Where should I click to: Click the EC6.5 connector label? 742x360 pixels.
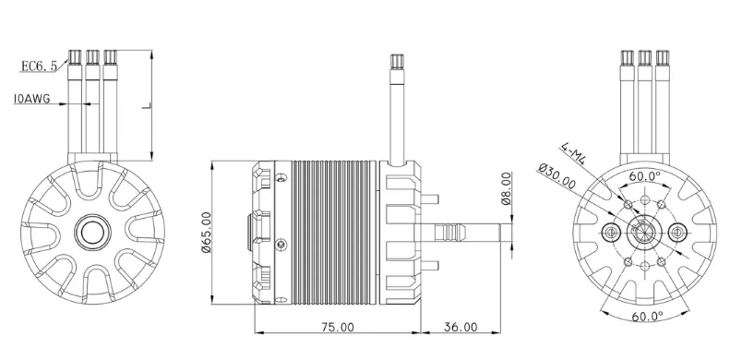tap(39, 66)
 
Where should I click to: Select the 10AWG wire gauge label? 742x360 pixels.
tap(32, 99)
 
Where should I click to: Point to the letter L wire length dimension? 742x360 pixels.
tap(146, 106)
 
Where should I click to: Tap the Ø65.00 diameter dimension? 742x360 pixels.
tap(207, 233)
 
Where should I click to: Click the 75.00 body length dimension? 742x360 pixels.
tap(338, 327)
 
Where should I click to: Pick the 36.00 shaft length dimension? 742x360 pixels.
tap(461, 327)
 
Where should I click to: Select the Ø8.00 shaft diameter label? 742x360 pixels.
tap(506, 188)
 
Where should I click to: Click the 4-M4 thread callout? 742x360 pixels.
tap(573, 153)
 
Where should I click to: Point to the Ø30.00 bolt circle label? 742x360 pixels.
tap(557, 176)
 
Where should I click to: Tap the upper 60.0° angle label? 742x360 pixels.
tap(644, 176)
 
